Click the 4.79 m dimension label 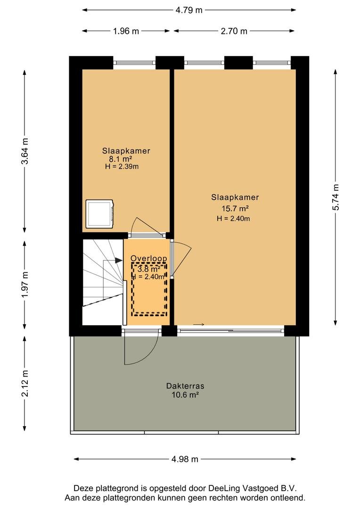point(189,10)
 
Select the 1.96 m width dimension point(126,31)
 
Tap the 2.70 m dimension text point(234,31)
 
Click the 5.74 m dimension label point(335,197)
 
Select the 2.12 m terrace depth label point(25,383)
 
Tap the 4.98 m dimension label point(185,460)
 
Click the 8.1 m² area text point(121,159)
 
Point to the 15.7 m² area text point(235,208)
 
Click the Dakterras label point(185,386)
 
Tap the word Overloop point(149,258)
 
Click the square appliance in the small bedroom point(99,214)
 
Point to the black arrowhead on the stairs point(118,260)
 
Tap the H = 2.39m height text point(122,167)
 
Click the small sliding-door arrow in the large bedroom point(198,324)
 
